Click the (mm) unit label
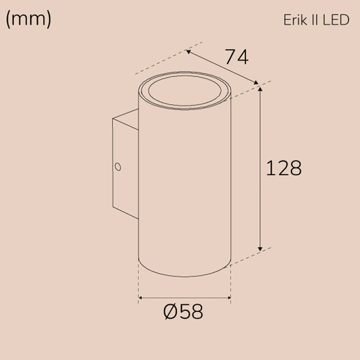28,20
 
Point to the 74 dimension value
236,57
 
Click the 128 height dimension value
283,168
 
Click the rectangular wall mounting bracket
125,165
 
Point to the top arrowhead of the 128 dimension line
260,89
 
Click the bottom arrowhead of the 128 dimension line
260,249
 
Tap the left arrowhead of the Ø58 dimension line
141,298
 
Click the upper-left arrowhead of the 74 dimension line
189,52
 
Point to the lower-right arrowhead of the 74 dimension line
256,83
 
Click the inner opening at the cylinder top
185,90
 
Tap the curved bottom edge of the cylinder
185,276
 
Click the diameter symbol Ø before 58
171,311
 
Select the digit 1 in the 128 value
270,168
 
